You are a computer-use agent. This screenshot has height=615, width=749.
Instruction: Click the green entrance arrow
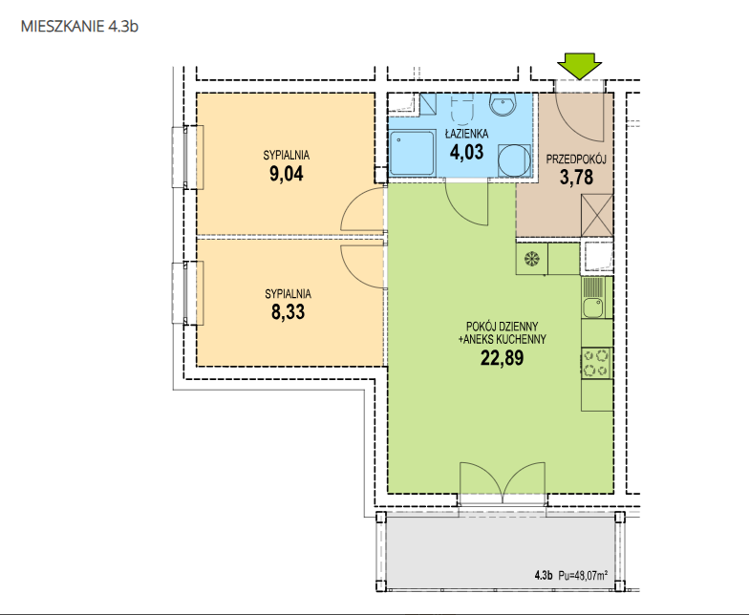point(579,66)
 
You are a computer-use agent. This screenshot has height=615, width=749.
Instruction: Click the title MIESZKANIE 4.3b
point(80,26)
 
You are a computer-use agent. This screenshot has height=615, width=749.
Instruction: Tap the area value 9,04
point(287,174)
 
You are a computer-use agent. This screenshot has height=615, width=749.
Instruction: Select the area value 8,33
point(288,311)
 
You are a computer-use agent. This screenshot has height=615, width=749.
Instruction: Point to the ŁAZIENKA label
point(466,134)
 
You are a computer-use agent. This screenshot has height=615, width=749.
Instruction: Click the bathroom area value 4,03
point(466,153)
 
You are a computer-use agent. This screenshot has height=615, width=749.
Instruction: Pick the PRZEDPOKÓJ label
point(576,159)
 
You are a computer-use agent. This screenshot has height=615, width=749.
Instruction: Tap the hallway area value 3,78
point(577,178)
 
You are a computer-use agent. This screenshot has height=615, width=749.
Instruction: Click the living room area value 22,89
point(503,357)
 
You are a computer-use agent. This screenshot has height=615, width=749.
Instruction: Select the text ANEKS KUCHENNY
point(504,340)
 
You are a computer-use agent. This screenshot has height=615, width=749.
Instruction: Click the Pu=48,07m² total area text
point(583,576)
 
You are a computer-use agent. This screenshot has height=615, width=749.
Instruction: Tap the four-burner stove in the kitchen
point(596,363)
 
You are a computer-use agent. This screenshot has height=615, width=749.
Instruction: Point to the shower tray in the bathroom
point(413,153)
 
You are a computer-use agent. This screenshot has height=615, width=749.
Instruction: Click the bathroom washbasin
point(503,105)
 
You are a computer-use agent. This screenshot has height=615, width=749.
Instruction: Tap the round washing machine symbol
point(514,160)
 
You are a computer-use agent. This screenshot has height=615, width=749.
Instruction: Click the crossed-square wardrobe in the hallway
point(596,215)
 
